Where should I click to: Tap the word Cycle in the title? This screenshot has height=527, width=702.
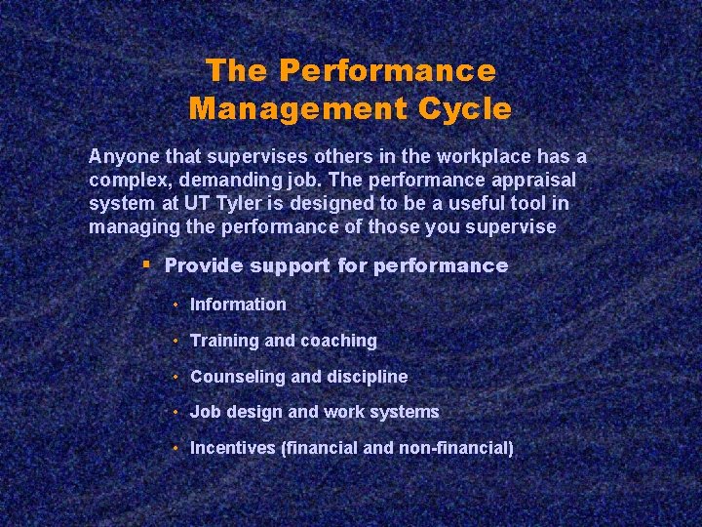coord(464,107)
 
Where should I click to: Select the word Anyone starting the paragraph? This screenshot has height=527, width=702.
coord(120,157)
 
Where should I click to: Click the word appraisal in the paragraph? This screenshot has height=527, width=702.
coord(532,181)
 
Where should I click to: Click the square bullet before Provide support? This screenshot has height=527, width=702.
coord(145,264)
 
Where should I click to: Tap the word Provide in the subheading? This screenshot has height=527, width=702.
coord(203,265)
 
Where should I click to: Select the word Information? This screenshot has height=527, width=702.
coord(238,304)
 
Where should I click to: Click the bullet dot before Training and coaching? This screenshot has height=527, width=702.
coord(175,341)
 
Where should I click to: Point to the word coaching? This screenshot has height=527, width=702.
coord(338,341)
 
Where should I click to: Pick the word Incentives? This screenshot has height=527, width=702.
coord(232,448)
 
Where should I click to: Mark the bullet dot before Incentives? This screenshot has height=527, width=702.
coord(175,448)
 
